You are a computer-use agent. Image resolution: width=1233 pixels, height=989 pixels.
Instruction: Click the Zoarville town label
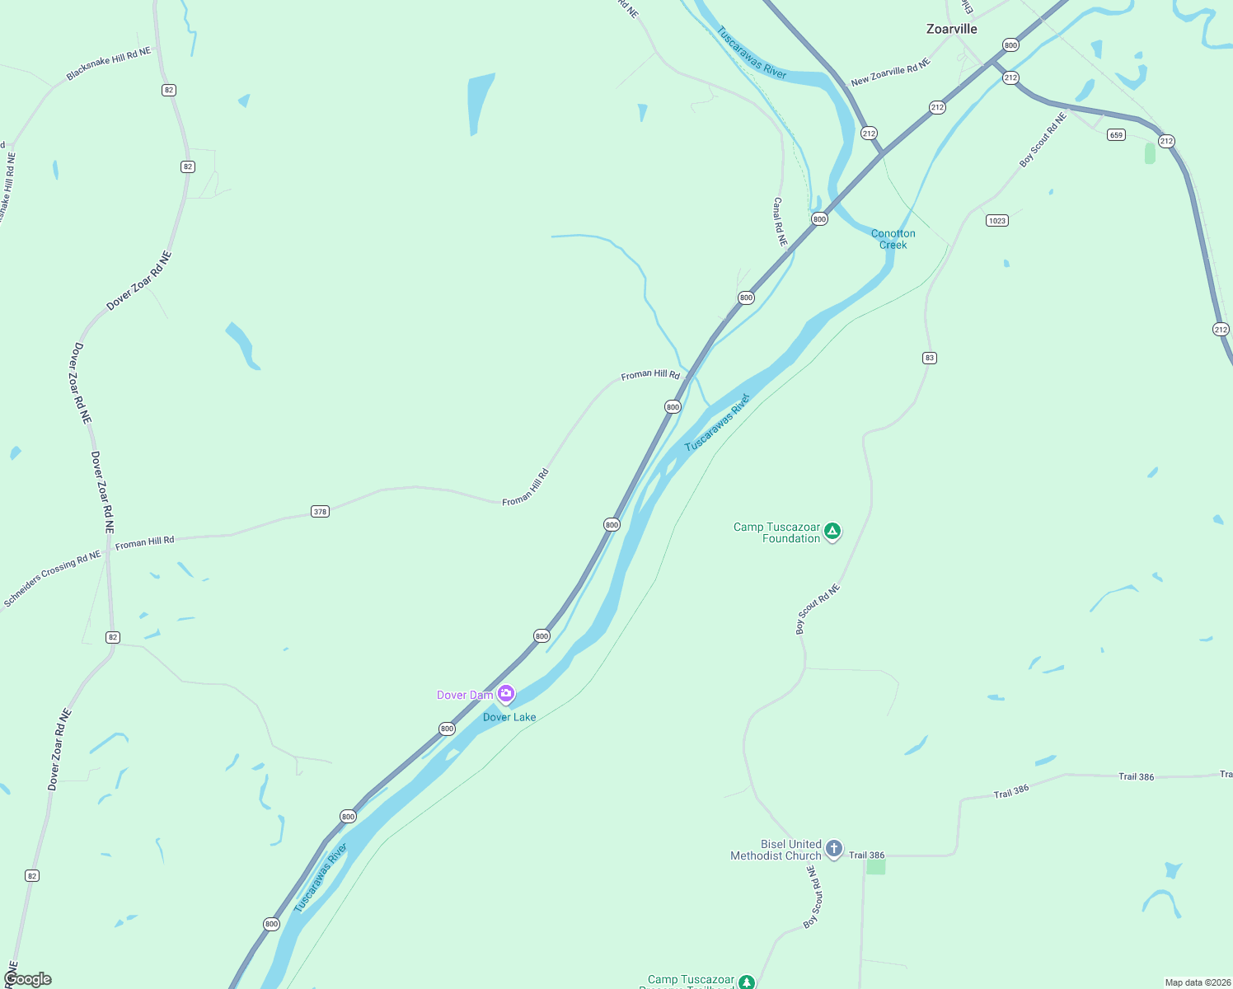click(x=951, y=29)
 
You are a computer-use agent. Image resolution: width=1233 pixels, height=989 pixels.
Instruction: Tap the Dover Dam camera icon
click(x=506, y=694)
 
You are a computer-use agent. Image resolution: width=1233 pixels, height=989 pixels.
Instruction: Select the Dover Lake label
click(x=509, y=717)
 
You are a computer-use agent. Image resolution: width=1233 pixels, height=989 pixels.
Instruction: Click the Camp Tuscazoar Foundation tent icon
click(x=832, y=532)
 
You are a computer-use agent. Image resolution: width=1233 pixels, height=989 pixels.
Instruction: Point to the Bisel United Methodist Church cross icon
click(x=834, y=848)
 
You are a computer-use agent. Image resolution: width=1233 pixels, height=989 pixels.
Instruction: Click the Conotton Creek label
click(x=893, y=239)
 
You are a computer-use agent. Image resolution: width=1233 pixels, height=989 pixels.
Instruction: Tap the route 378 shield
click(x=320, y=512)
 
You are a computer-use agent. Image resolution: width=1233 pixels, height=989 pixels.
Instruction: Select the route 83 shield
click(x=930, y=358)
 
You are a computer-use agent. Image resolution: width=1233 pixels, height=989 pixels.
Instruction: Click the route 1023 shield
click(x=996, y=220)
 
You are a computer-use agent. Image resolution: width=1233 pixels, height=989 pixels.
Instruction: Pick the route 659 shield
click(x=1116, y=135)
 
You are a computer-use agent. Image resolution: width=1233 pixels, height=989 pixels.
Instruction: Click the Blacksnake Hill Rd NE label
click(x=109, y=63)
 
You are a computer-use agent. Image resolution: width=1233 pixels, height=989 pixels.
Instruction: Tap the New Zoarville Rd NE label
click(x=890, y=72)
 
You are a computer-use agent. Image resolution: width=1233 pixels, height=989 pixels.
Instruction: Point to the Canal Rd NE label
click(x=780, y=222)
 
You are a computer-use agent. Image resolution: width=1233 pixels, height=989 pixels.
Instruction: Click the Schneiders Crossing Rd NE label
click(x=53, y=579)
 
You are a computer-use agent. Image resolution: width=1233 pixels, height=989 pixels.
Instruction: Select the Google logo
click(x=28, y=979)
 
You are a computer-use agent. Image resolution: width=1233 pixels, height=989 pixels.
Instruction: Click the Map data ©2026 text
click(x=1198, y=982)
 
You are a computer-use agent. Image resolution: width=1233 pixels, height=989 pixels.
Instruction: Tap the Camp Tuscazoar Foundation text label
click(x=777, y=532)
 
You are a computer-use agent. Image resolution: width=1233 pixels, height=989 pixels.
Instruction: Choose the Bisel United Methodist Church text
click(x=776, y=850)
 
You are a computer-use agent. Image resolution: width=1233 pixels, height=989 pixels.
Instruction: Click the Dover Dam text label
click(x=465, y=695)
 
